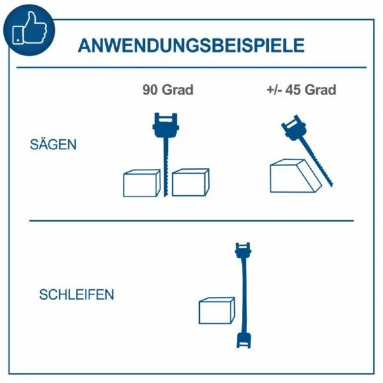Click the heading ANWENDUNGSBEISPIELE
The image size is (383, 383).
tap(191, 45)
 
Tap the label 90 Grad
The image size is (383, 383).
tap(168, 89)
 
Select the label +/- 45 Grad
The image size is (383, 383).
tap(301, 89)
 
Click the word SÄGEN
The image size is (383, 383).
tap(53, 144)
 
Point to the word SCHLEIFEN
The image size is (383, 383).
tap(77, 294)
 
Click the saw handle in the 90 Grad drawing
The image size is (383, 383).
tap(166, 125)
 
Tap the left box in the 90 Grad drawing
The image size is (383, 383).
tap(142, 183)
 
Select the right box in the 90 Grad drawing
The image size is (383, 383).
tap(190, 183)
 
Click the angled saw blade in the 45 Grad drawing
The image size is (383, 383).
tap(316, 161)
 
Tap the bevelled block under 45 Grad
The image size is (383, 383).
tap(296, 176)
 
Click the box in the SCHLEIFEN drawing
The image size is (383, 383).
tap(217, 311)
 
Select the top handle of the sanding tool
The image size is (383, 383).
tap(243, 250)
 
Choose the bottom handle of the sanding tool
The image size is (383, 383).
tap(244, 340)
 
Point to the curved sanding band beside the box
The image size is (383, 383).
tap(244, 296)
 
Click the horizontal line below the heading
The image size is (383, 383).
tap(191, 67)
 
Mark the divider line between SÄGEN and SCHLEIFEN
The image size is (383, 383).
tap(191, 221)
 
